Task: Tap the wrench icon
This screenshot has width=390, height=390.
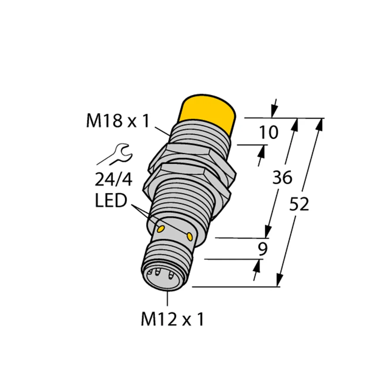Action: click(x=118, y=154)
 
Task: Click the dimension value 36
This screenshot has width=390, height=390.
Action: click(x=282, y=178)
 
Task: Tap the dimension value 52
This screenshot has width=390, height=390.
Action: click(x=299, y=204)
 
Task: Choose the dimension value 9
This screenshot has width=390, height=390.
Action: click(x=262, y=250)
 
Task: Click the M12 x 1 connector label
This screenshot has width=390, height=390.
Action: click(x=172, y=320)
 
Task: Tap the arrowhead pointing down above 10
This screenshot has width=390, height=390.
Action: click(x=273, y=112)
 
